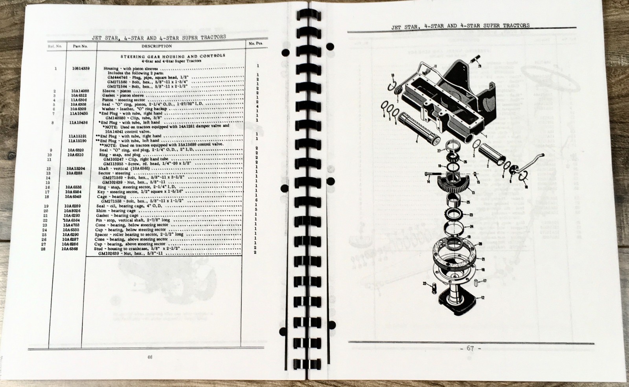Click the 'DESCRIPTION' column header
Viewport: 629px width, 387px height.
tap(156, 46)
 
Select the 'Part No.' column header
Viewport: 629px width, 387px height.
tap(79, 46)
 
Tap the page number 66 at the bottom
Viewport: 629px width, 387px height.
tap(149, 357)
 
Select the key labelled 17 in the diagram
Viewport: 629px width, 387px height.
tap(476, 282)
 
